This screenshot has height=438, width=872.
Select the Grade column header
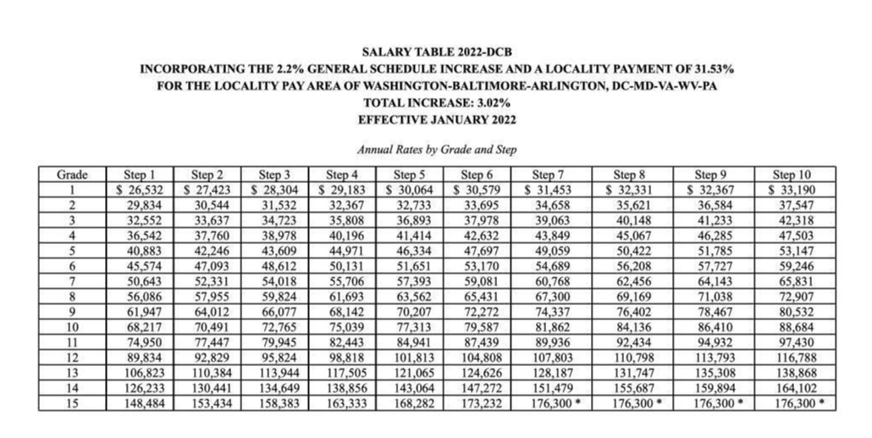73,174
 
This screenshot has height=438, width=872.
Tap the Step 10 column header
793,174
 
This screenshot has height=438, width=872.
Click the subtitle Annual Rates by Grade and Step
437,149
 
